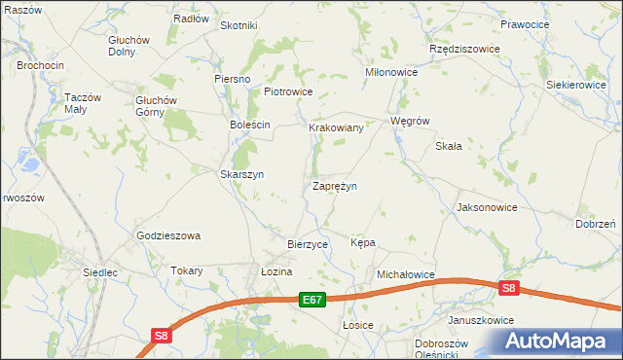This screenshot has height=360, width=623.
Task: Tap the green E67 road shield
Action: click(311, 300)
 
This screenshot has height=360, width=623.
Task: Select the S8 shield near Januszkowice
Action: click(509, 288)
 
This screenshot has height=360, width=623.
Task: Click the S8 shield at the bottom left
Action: click(162, 337)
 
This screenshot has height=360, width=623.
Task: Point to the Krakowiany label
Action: click(336, 127)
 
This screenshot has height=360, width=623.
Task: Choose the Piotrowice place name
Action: click(288, 92)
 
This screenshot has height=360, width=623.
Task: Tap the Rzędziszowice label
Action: click(464, 49)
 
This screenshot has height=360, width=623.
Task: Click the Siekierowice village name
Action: click(575, 86)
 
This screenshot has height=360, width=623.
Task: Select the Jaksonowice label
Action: click(487, 208)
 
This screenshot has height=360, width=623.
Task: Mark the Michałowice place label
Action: click(405, 275)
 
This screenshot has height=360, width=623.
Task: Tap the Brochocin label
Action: click(40, 65)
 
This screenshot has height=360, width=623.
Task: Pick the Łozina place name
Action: click(276, 271)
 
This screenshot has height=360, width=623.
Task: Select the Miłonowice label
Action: click(391, 72)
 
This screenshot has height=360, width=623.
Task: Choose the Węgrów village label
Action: click(409, 122)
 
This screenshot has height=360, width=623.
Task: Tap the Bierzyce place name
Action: click(308, 244)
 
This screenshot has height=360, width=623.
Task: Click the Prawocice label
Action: click(526, 24)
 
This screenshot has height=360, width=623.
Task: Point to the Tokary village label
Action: click(186, 271)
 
